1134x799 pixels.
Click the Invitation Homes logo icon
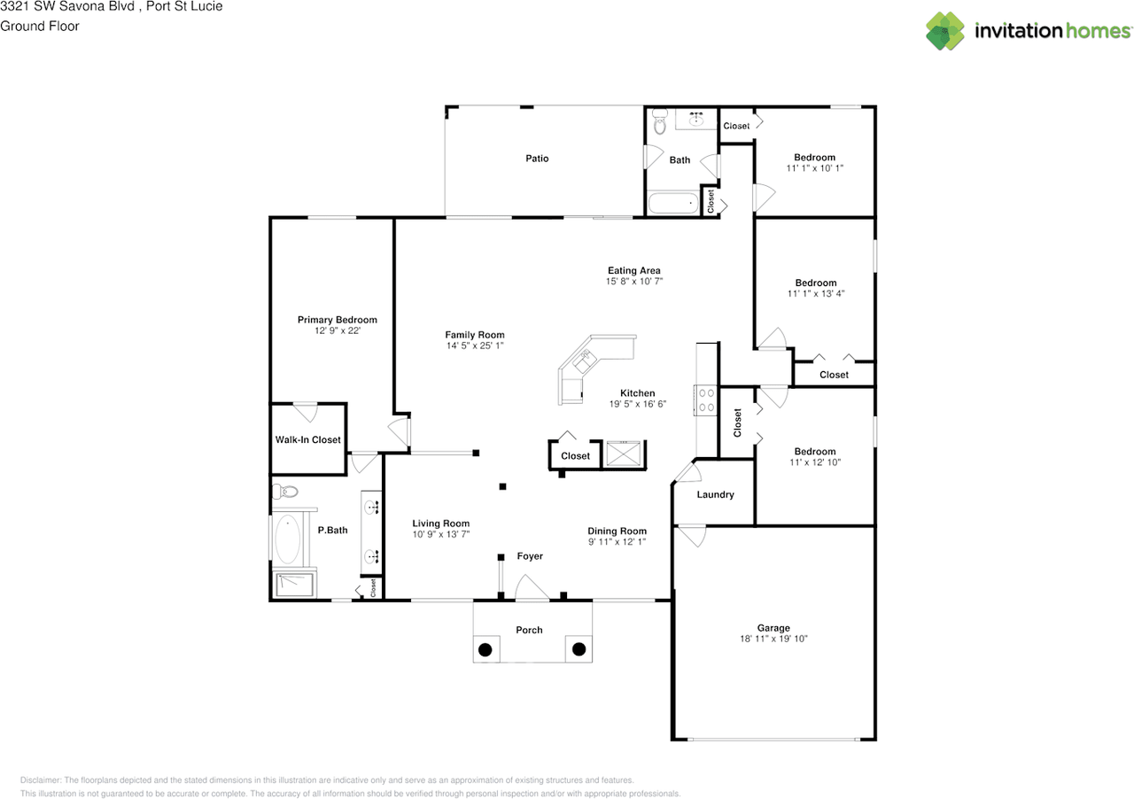pyautogui.click(x=945, y=31)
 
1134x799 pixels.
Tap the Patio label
pyautogui.click(x=537, y=159)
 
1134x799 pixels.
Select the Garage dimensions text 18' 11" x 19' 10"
pyautogui.click(x=773, y=639)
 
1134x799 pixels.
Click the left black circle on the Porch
pyautogui.click(x=485, y=649)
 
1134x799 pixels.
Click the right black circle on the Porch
pyautogui.click(x=579, y=649)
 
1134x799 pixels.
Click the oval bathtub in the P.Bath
pyautogui.click(x=288, y=540)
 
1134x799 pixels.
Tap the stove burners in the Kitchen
pyautogui.click(x=706, y=399)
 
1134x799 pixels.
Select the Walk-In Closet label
pyautogui.click(x=307, y=439)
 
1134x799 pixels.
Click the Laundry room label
pyautogui.click(x=715, y=494)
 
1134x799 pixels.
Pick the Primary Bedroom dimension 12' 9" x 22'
pyautogui.click(x=337, y=330)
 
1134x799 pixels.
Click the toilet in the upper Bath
pyautogui.click(x=658, y=124)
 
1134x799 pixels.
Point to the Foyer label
pyautogui.click(x=530, y=556)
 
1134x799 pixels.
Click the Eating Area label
pyautogui.click(x=633, y=270)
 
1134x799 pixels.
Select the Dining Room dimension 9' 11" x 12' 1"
pyautogui.click(x=617, y=541)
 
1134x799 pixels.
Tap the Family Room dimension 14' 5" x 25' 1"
pyautogui.click(x=475, y=345)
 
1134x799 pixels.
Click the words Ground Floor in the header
pyautogui.click(x=40, y=26)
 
